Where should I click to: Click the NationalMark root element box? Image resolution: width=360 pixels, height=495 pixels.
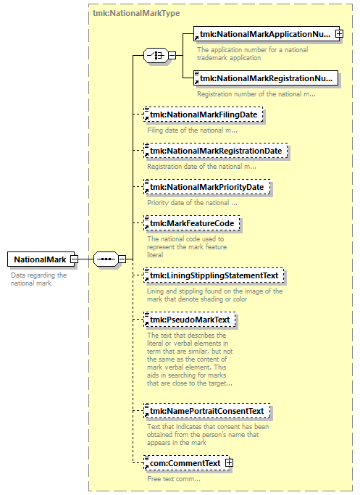41,259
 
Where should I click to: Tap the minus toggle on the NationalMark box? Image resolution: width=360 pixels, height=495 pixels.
74,259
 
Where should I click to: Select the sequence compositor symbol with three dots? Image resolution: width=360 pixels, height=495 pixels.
106,259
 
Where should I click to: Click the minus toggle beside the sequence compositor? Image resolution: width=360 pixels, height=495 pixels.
122,259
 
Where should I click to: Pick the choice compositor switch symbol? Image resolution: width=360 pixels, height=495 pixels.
156,55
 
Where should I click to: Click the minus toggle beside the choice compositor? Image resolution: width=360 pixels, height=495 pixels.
172,55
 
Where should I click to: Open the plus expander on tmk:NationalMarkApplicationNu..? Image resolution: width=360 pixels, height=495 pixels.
340,33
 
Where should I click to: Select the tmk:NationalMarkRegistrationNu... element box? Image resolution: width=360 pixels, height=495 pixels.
266,78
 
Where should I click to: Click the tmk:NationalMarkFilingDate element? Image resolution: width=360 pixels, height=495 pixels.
204,115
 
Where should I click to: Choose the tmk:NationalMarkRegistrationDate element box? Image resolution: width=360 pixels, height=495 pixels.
216,151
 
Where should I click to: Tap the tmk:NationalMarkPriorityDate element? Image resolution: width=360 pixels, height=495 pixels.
206,187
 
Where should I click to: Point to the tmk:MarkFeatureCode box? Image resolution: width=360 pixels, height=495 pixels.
191,223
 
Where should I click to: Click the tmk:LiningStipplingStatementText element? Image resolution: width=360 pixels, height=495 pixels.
214,275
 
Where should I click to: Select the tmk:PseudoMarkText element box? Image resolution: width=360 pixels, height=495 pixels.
189,320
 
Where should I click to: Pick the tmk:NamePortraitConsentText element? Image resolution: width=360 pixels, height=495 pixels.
207,411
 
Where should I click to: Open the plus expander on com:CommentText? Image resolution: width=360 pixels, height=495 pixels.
230,463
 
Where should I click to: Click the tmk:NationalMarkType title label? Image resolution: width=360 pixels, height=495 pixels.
136,13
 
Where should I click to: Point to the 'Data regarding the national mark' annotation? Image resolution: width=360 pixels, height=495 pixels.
39,279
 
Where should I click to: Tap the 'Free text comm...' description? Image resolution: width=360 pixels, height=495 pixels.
174,479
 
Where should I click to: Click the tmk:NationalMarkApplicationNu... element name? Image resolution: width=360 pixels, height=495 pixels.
265,34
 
